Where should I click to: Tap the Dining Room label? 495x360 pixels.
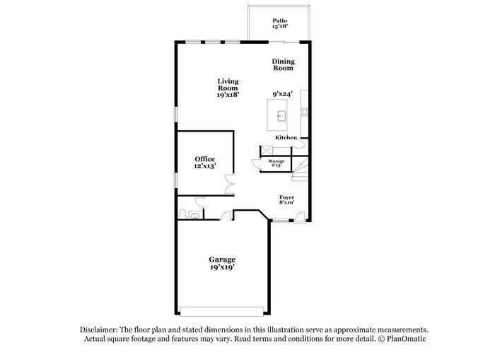tap(283, 65)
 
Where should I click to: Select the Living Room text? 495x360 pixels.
tap(227, 84)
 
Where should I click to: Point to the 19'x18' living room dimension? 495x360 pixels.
tap(227, 94)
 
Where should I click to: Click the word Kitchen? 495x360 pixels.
tap(286, 137)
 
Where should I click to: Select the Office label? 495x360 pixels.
tap(205, 159)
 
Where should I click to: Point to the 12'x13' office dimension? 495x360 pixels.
tap(205, 166)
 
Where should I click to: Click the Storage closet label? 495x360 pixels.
tap(276, 161)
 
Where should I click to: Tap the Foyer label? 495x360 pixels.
tap(286, 197)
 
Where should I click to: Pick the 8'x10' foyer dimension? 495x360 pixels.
tap(286, 203)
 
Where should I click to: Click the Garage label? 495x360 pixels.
tap(222, 260)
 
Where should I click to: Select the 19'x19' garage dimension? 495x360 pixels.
tap(222, 268)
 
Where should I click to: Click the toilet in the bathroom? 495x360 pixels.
tap(182, 213)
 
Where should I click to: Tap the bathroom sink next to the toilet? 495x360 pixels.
tap(194, 216)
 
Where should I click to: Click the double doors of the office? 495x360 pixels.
tap(229, 182)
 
